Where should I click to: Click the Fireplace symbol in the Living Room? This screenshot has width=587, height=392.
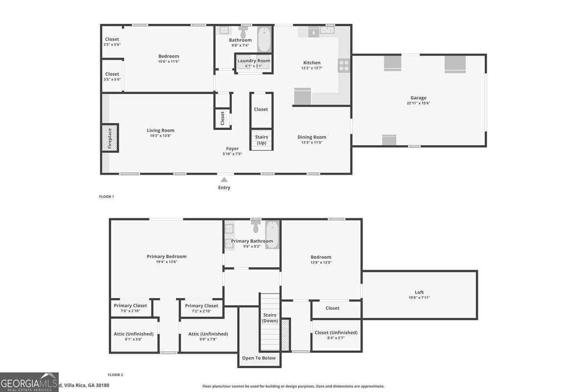point(110,138)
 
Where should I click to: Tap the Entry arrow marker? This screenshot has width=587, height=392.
point(224,180)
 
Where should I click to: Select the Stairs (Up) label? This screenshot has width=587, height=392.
point(261,140)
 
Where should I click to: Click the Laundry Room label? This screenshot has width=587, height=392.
point(253,61)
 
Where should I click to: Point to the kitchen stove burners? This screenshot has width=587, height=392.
point(344,65)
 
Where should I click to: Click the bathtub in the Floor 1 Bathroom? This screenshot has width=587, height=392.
point(264,39)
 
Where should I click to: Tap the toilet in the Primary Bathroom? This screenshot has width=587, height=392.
point(255,227)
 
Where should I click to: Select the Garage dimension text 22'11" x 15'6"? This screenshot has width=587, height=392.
point(418,104)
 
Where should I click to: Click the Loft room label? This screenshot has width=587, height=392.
point(419,293)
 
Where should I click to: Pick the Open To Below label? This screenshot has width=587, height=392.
point(259,358)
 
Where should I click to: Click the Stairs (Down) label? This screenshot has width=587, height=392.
point(270,318)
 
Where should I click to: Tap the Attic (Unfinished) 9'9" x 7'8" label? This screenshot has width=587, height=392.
point(208,334)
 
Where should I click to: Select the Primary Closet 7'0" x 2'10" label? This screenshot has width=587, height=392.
point(130,306)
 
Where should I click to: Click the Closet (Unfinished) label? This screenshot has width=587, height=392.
point(336,333)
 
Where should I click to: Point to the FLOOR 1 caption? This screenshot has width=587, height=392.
point(106,196)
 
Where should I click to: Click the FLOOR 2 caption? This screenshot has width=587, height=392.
point(115,375)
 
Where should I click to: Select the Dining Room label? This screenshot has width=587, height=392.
point(312,137)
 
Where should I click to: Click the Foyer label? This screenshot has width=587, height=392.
point(232,148)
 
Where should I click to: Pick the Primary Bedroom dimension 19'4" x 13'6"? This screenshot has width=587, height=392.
point(166,262)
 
